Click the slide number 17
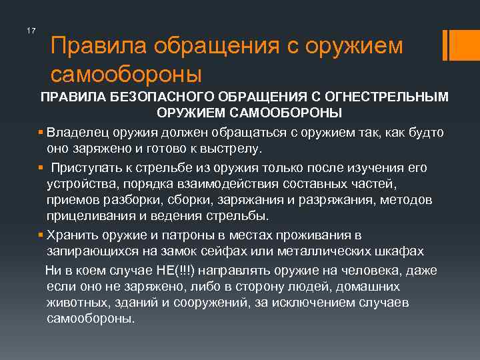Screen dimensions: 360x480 tap(30, 31)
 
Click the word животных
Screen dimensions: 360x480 tap(75, 302)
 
